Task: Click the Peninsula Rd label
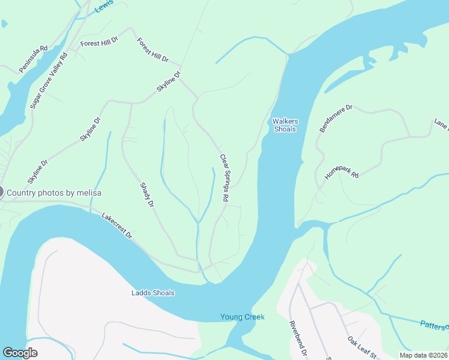click(33, 58)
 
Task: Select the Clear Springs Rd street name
click(224, 178)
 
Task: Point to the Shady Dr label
click(147, 196)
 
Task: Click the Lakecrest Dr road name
click(116, 226)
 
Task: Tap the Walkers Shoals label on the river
click(285, 125)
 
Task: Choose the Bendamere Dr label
click(336, 119)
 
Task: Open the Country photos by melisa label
click(54, 193)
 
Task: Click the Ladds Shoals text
click(153, 293)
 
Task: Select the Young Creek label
click(242, 317)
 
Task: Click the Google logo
click(20, 353)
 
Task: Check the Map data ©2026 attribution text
click(423, 355)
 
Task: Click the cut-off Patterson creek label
click(433, 325)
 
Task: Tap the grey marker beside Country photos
click(1, 193)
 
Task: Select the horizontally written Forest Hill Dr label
click(98, 44)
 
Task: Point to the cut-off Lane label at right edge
click(441, 124)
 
